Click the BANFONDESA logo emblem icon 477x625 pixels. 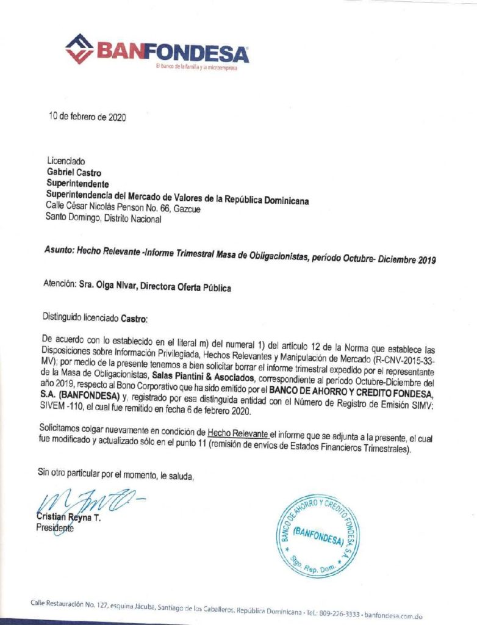79,48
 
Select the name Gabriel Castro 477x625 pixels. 74,173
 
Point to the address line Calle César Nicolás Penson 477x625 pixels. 123,209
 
